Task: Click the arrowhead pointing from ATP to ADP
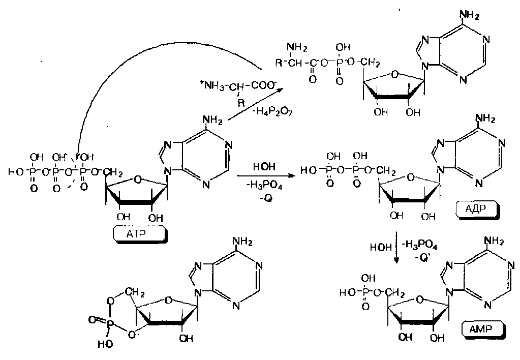(x=292, y=176)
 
